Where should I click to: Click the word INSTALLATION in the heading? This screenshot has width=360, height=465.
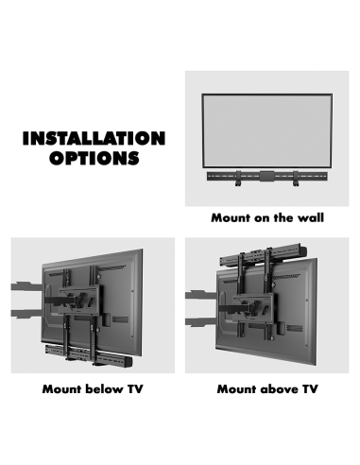click(94, 138)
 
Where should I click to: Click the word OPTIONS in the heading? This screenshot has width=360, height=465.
click(94, 158)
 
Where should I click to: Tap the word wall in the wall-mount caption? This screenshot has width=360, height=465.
click(311, 217)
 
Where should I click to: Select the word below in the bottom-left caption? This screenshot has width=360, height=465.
click(105, 388)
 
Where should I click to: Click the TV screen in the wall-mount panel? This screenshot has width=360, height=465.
click(267, 130)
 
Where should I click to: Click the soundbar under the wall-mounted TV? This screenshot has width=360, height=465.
click(267, 177)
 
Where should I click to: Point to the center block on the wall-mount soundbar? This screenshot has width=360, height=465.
click(267, 176)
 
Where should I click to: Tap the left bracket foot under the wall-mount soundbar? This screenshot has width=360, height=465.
click(238, 183)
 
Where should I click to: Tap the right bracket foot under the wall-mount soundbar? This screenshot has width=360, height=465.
click(296, 183)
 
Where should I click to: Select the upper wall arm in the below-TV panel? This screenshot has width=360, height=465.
click(26, 286)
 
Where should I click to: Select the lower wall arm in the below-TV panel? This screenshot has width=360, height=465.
click(26, 314)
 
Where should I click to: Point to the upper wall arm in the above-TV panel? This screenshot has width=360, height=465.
click(201, 295)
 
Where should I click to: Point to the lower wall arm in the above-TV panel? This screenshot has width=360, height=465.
click(201, 322)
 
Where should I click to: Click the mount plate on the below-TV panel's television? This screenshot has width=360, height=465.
click(80, 300)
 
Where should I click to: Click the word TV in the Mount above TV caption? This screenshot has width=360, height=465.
click(310, 388)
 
